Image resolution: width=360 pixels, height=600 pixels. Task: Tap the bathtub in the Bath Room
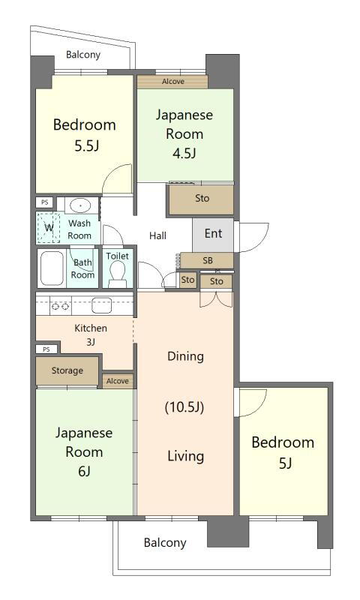coord(52,268)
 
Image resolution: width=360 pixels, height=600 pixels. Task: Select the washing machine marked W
coord(49,228)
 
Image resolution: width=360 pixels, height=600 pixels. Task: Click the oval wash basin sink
coord(80,205)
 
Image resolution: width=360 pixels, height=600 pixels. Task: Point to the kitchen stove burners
coord(61,306)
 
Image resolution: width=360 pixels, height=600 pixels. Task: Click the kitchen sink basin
coord(101,305)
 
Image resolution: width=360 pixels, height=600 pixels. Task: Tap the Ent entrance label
coord(213,233)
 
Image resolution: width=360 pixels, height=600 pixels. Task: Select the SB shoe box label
coord(208,260)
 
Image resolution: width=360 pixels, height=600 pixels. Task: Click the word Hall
coord(157,235)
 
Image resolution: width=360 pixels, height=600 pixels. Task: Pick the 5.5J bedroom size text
coord(87,145)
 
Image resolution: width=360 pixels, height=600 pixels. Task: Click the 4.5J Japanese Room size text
coord(184,154)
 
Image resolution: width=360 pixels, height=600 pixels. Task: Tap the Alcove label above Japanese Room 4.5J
coord(173,82)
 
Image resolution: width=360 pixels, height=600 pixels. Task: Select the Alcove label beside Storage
coord(118,381)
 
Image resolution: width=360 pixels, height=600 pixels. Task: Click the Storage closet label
coord(67,370)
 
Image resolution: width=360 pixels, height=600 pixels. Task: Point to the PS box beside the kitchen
coord(46,349)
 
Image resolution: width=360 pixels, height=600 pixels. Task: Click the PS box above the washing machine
coord(45,202)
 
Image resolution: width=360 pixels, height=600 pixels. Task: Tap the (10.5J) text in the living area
coord(184,406)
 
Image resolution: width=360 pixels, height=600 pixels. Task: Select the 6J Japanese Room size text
coord(84,472)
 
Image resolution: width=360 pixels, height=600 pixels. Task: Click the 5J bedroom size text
coord(286,463)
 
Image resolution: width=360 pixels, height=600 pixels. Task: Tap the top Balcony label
coord(83,55)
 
